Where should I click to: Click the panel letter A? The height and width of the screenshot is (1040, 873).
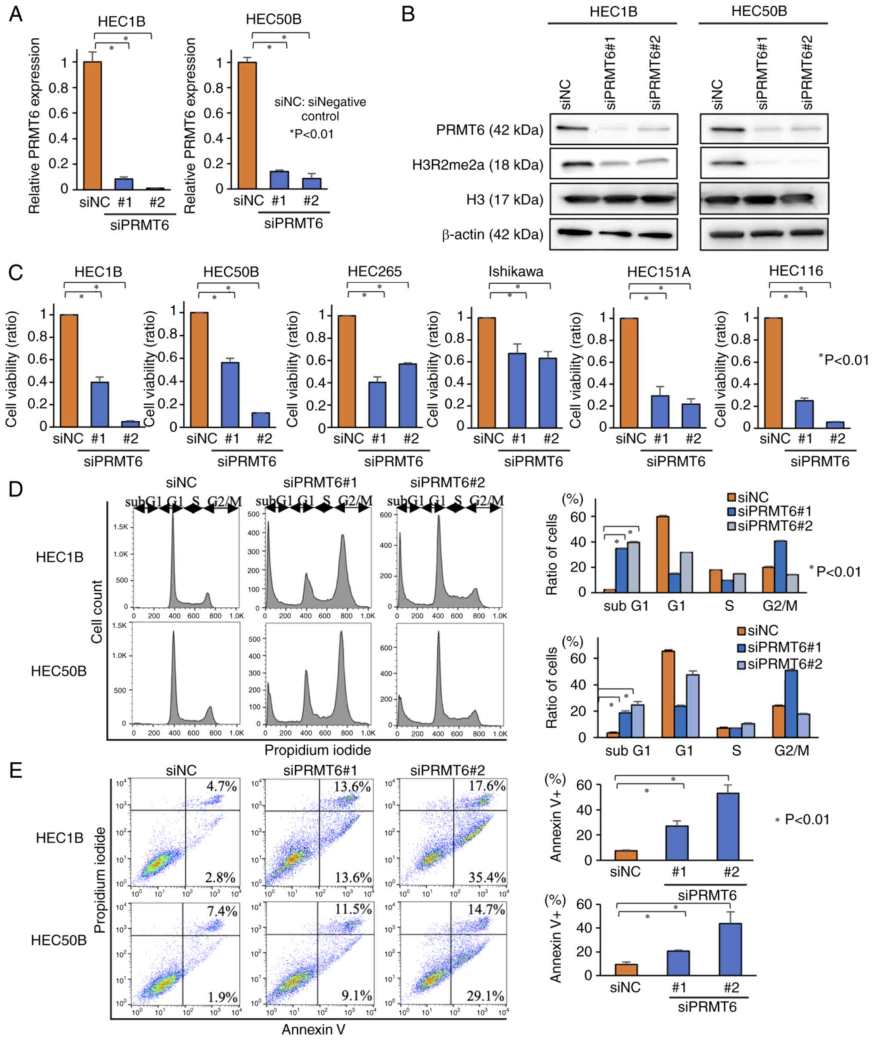16,15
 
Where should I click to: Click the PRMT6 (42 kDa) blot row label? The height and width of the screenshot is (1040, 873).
489,130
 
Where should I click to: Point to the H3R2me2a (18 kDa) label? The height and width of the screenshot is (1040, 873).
478,165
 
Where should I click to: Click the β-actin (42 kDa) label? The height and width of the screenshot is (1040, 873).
492,234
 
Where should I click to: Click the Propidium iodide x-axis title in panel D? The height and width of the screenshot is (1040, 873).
317,750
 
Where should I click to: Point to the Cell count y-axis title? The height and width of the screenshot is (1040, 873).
97,612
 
